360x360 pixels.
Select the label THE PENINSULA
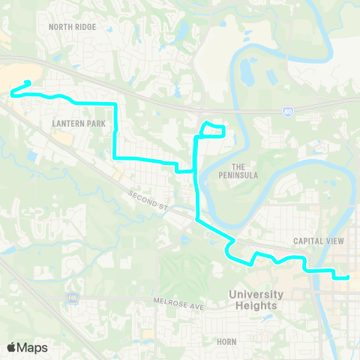244,170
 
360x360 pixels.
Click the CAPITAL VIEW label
318,241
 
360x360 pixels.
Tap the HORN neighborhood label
226,341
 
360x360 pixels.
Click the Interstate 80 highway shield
288,110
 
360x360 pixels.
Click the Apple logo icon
11,347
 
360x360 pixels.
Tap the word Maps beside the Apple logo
32,347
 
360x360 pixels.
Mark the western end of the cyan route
28,82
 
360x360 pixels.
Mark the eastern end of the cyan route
348,277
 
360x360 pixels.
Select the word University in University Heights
256,295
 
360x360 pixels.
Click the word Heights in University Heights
256,305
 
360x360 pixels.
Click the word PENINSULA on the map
244,175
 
